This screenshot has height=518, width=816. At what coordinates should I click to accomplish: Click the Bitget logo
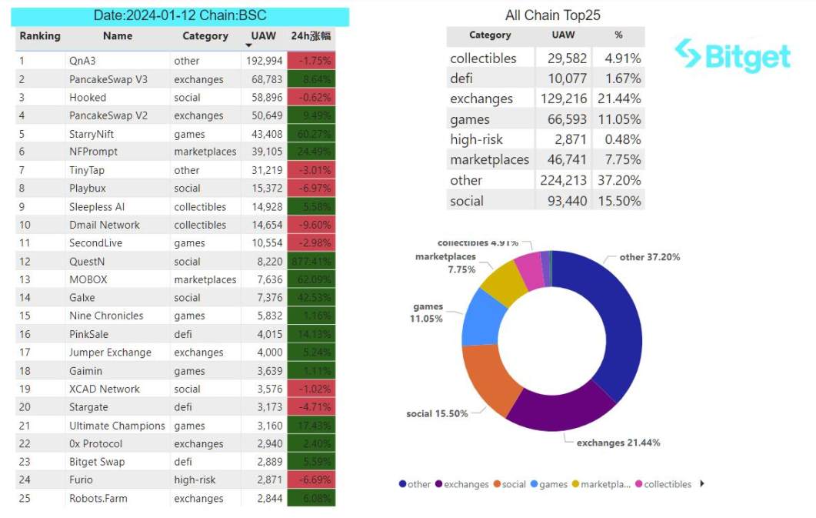click(732, 56)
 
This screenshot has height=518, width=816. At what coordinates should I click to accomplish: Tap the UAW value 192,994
click(265, 61)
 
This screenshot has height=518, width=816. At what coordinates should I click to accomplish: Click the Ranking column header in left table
click(40, 36)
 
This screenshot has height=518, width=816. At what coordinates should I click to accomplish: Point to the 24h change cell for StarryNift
click(311, 134)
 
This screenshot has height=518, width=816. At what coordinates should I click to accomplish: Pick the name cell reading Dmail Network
click(105, 225)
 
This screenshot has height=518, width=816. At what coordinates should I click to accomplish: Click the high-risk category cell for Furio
click(195, 480)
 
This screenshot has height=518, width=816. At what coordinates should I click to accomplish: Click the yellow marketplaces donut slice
click(502, 278)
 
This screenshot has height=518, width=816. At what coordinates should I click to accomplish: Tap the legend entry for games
click(548, 484)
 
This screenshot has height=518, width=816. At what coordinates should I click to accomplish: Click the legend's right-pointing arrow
click(701, 484)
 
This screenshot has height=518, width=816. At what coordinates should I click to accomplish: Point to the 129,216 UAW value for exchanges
click(564, 99)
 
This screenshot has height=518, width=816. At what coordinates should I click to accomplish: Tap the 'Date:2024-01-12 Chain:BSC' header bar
click(182, 15)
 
